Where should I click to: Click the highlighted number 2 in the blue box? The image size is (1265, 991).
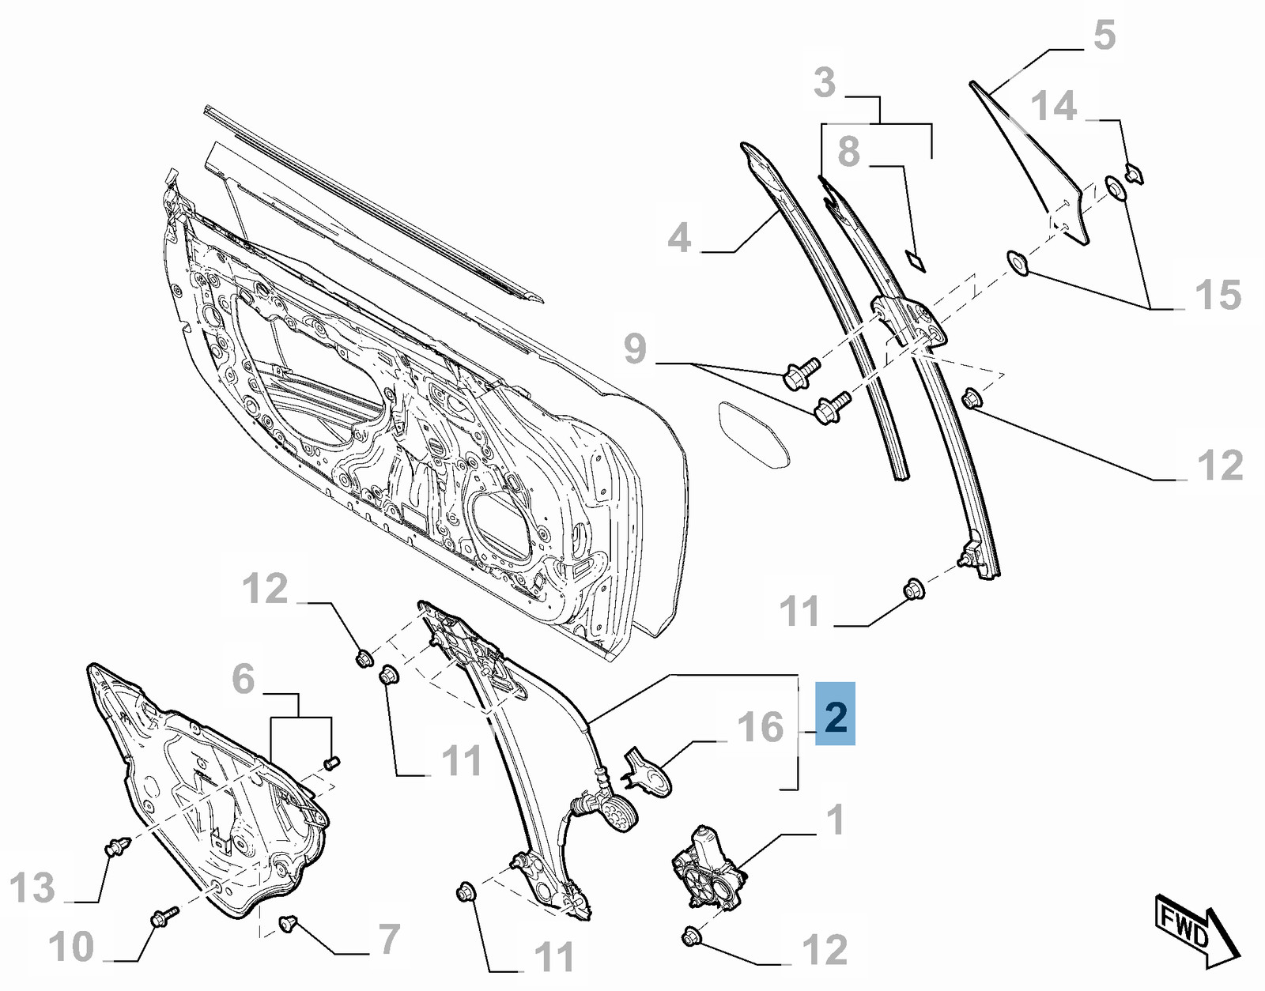[835, 714]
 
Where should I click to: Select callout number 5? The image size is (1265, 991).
[1104, 36]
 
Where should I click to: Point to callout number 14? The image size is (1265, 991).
[1054, 106]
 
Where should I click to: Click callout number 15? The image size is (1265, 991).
[1218, 296]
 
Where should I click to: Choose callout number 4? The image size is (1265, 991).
[679, 238]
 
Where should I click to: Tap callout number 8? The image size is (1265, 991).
[848, 151]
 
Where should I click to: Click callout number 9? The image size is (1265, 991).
[635, 349]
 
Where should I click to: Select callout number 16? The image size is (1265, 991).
[761, 727]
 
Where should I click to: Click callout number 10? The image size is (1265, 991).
[71, 947]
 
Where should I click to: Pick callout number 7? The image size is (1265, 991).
[389, 939]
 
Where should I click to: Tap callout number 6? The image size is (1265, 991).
[244, 679]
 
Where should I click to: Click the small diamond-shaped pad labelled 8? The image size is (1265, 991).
[916, 259]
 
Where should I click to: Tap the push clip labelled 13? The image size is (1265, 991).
[116, 848]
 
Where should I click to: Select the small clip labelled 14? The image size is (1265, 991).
[1133, 172]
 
